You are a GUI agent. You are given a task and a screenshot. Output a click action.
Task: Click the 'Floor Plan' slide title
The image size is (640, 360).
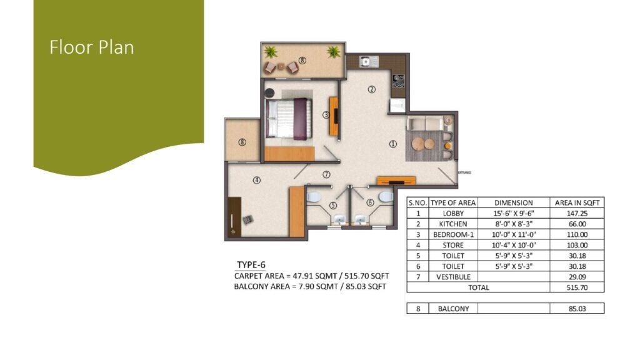pyautogui.click(x=92, y=47)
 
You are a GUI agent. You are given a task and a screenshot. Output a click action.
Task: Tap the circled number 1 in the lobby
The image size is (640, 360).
pyautogui.click(x=393, y=144)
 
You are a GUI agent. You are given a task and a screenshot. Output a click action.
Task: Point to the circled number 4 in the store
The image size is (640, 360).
pyautogui.click(x=256, y=181)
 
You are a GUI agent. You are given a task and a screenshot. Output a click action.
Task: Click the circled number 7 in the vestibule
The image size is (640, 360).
pyautogui.click(x=326, y=174)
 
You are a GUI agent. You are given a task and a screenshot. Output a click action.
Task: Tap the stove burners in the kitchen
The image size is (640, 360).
pyautogui.click(x=397, y=81)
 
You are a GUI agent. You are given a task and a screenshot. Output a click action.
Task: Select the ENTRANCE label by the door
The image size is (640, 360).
pyautogui.click(x=464, y=172)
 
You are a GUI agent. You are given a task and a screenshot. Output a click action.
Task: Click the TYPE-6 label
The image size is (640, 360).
pyautogui.click(x=251, y=264)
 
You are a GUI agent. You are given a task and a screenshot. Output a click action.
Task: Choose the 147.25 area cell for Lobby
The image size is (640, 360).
pyautogui.click(x=577, y=213)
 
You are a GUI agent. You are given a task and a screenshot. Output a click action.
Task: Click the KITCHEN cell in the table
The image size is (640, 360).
pyautogui.click(x=452, y=224)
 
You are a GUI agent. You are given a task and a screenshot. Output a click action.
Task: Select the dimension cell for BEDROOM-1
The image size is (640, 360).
pyautogui.click(x=513, y=234)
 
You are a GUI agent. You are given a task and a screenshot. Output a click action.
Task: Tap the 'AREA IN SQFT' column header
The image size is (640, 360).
pyautogui.click(x=577, y=202)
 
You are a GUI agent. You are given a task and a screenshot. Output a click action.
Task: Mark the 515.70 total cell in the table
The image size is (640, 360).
pyautogui.click(x=577, y=287)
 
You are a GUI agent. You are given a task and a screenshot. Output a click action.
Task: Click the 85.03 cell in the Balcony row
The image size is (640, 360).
pyautogui.click(x=577, y=308)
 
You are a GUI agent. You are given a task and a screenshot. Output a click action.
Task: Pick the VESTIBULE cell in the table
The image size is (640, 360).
pyautogui.click(x=452, y=277)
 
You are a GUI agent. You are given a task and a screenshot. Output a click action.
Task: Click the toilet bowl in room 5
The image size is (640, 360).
pyautogui.click(x=314, y=197)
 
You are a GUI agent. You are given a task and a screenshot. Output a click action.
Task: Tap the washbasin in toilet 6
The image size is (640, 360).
pyautogui.click(x=361, y=219)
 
